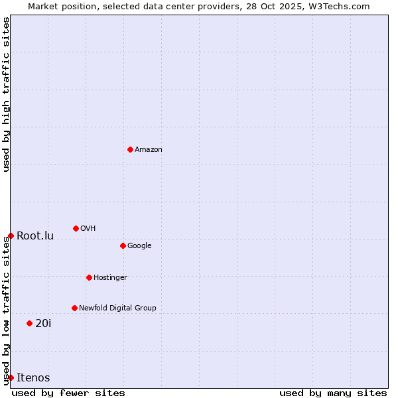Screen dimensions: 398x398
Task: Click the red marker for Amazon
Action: point(130,149)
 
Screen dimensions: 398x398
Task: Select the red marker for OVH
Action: point(76,228)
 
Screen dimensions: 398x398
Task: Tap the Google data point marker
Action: point(123,245)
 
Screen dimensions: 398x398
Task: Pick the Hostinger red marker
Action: point(89,277)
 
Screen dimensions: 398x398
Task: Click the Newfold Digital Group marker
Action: point(74,308)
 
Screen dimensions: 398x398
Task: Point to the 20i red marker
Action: point(29,323)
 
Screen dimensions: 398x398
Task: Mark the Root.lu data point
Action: point(11,235)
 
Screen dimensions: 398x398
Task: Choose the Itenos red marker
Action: point(11,377)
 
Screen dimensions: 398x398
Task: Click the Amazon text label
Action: point(149,149)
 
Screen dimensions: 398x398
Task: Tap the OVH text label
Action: point(88,228)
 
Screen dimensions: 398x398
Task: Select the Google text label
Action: point(139,245)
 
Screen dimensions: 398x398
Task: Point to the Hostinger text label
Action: point(110,277)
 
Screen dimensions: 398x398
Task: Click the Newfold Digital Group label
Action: point(117,308)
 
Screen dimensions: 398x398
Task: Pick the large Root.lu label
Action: point(35,235)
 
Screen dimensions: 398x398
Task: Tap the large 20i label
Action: point(43,323)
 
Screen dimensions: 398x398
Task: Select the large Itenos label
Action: point(33,377)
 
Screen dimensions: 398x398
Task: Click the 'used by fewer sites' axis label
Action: point(68,393)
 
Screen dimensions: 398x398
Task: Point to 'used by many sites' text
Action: point(333,393)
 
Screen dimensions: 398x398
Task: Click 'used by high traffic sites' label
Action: point(6,94)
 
